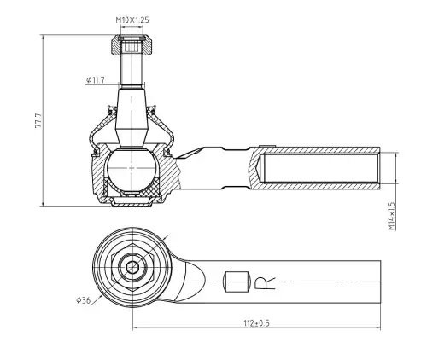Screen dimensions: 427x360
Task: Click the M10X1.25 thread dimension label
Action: (x=132, y=20)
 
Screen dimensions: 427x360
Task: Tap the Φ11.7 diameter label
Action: (x=96, y=80)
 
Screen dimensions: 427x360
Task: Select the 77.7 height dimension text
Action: (x=38, y=120)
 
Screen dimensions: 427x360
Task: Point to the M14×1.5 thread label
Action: (x=392, y=216)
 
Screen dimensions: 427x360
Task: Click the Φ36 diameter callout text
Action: (x=84, y=300)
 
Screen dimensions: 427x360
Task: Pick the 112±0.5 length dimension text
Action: (x=256, y=323)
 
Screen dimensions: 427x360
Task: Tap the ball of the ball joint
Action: (x=132, y=170)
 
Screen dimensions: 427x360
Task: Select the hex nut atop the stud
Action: (x=132, y=45)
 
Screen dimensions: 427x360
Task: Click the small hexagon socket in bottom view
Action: (x=132, y=267)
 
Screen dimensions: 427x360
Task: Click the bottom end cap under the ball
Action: (x=132, y=202)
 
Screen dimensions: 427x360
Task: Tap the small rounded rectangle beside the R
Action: (x=237, y=282)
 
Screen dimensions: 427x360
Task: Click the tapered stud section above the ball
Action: (x=132, y=117)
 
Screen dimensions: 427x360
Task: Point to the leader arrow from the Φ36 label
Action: (x=97, y=300)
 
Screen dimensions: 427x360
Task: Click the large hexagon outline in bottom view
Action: (x=132, y=267)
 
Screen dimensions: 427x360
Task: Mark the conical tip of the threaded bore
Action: (x=260, y=168)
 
